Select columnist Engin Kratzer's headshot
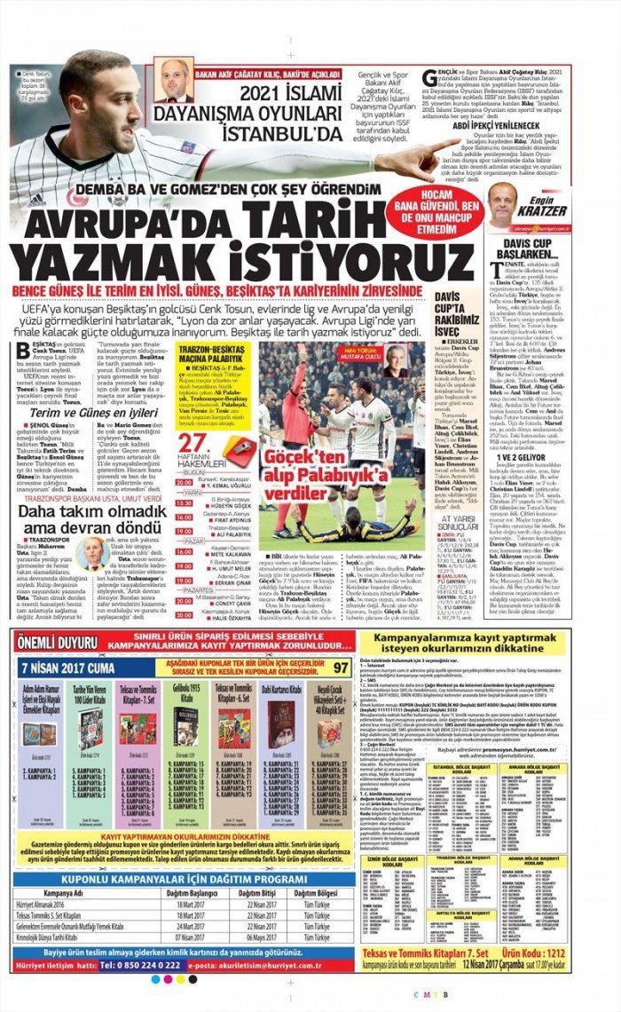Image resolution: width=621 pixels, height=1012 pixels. [503, 204]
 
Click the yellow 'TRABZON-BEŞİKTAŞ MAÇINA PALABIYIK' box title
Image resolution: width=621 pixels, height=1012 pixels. [213, 357]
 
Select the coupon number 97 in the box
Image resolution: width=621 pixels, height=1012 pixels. [342, 667]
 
